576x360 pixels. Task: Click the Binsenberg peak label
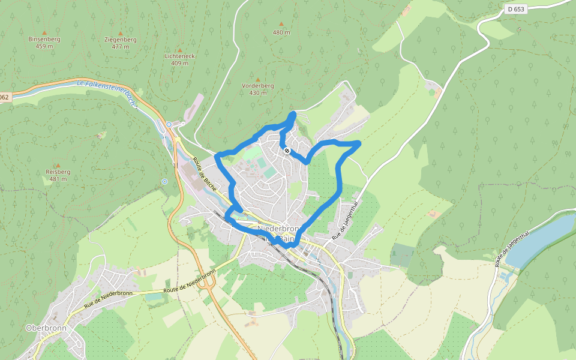click(44, 39)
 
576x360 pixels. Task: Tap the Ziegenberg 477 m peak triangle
click(120, 33)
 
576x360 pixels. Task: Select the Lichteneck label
click(179, 56)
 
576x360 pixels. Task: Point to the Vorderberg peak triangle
click(258, 79)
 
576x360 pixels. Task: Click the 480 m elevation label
click(281, 32)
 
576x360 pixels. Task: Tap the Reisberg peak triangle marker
click(58, 165)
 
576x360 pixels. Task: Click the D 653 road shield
click(515, 9)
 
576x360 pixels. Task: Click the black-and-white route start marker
click(287, 151)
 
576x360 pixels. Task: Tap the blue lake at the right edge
click(546, 237)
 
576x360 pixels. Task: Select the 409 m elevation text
click(179, 63)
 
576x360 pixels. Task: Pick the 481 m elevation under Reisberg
click(58, 179)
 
